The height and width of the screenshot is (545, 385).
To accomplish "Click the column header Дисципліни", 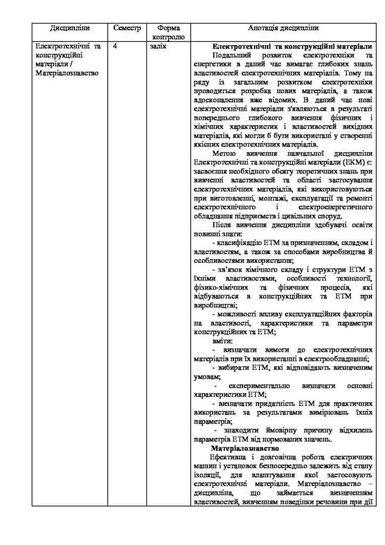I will [70, 28].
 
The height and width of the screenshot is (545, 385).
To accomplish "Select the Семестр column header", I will [127, 28].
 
